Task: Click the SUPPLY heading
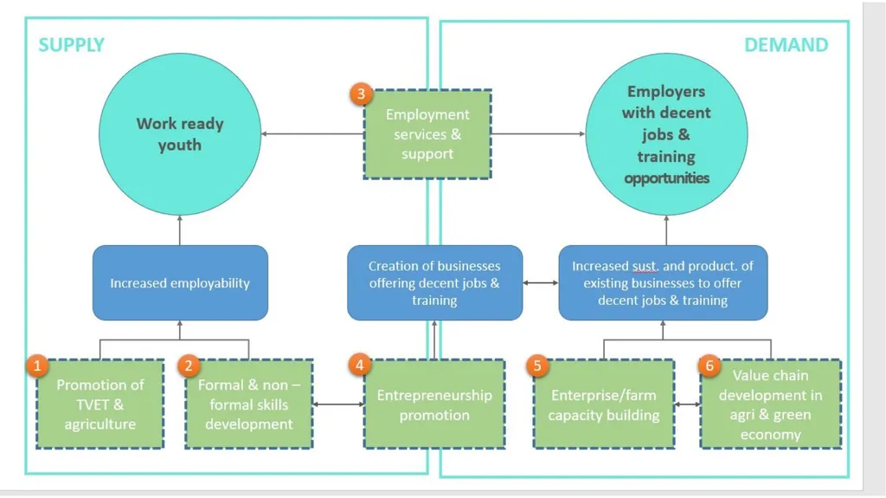tap(71, 45)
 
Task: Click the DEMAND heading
tap(786, 45)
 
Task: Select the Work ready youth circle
tap(180, 134)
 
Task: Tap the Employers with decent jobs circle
tap(666, 134)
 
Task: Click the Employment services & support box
tap(427, 134)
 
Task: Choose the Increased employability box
tap(180, 282)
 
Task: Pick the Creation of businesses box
tap(434, 282)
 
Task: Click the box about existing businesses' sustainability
tap(663, 282)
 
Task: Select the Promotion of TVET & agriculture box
tap(100, 404)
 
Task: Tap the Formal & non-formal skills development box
tap(248, 404)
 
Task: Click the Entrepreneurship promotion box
tap(434, 404)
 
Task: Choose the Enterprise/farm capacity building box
tap(603, 404)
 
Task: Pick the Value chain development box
tap(770, 404)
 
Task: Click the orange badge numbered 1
tap(37, 365)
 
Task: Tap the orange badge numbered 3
tap(361, 94)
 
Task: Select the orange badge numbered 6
tap(709, 365)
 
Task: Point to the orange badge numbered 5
tap(537, 365)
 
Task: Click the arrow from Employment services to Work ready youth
tap(312, 134)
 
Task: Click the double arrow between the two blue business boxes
tap(541, 282)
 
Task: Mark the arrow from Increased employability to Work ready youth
tap(180, 230)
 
